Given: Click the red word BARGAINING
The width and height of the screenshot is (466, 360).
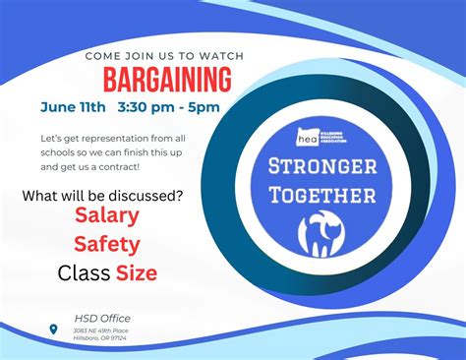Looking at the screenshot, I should tap(167, 79).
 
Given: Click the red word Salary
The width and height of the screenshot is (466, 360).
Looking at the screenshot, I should tap(107, 216).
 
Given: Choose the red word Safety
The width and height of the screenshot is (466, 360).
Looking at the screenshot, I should tap(107, 245).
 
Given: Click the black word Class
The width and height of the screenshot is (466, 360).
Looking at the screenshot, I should tap(84, 273).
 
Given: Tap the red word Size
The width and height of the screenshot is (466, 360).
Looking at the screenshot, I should tap(136, 273).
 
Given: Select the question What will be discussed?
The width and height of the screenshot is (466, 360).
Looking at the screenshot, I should tap(102, 195).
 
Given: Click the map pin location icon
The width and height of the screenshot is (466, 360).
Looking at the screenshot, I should tap(53, 329).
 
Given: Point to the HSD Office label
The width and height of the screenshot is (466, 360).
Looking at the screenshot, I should tap(102, 319).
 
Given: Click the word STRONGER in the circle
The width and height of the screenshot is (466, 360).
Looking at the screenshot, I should tap(322, 166).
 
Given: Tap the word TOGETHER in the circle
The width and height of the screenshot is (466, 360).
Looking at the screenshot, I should tap(322, 195).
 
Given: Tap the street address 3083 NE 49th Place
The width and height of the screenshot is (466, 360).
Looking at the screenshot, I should tap(102, 331).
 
